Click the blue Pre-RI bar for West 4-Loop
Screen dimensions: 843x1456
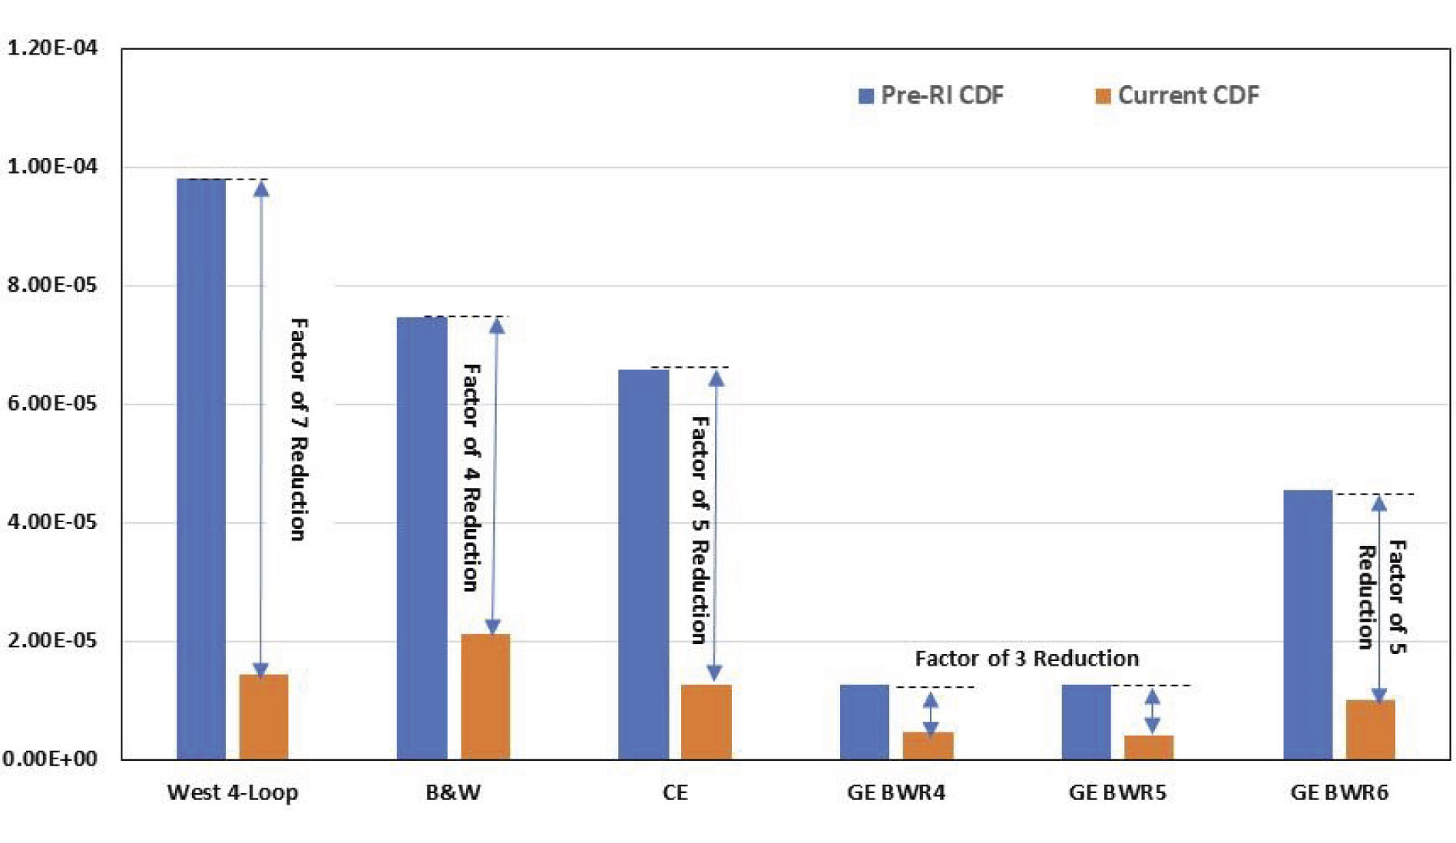201,468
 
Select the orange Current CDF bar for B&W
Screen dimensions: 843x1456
485,696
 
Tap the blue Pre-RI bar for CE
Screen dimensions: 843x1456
643,564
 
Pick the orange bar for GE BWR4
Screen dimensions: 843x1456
928,745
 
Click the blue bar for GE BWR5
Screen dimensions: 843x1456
1086,722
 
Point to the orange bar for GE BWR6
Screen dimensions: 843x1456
1370,729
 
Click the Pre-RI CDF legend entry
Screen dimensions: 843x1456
931,95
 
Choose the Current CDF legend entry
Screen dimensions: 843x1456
1176,95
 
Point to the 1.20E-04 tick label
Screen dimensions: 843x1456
51,48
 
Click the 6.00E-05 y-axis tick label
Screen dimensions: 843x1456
51,404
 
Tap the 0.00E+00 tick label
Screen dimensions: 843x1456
50,759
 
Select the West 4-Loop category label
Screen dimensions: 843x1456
232,792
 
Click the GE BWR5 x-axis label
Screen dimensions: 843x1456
1117,792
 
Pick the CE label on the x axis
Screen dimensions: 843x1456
675,792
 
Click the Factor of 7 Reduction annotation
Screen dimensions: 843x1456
298,430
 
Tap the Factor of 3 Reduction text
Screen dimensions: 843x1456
1026,659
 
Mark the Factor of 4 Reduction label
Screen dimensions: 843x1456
471,478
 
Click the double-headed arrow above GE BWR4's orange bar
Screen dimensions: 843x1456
930,714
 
